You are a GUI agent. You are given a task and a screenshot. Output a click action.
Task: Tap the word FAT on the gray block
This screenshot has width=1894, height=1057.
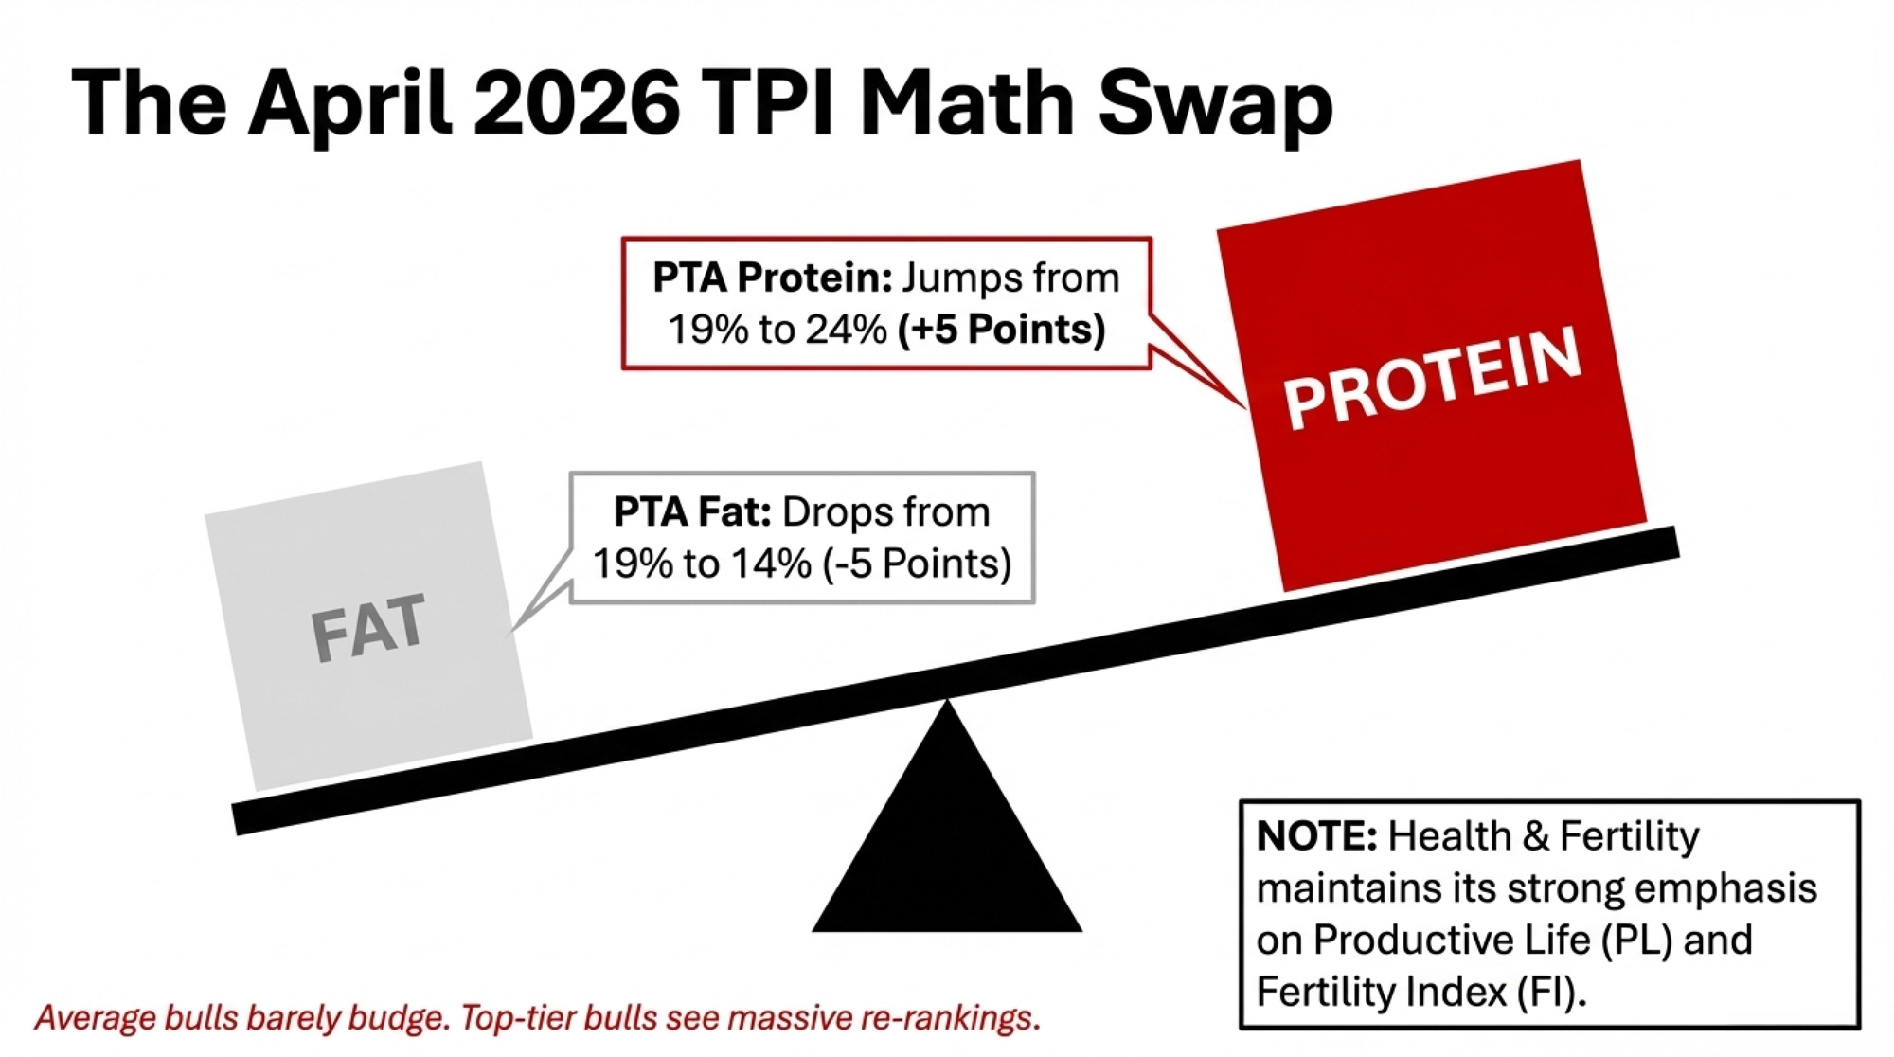pos(368,627)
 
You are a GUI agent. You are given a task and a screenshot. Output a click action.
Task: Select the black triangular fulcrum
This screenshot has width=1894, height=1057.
pos(947,816)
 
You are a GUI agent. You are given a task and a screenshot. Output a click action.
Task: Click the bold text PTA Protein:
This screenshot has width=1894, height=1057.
pos(773,278)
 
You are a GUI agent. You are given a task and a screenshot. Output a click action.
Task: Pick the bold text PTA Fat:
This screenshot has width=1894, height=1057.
pos(692,512)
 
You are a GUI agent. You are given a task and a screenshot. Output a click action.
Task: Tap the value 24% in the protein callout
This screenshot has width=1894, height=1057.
pos(847,330)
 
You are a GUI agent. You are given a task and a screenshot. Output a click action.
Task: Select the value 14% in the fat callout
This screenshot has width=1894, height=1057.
pos(771,564)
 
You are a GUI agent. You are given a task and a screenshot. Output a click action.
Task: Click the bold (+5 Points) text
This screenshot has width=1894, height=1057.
pos(1002,331)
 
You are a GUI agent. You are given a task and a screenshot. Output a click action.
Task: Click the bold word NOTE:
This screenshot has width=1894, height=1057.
pos(1316,836)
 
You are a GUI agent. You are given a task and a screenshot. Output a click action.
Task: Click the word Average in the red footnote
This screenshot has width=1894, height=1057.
pos(95,1019)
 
